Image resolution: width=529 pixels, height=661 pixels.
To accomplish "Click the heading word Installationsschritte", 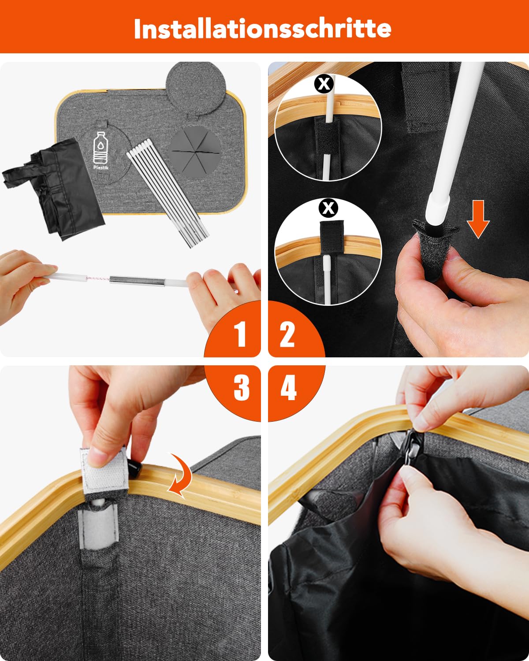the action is [262, 29].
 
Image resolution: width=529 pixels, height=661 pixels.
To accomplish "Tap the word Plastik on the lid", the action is [101, 167].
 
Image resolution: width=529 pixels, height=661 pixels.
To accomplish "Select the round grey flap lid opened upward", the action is [196, 89].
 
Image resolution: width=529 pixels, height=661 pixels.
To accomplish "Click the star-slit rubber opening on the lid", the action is [194, 151].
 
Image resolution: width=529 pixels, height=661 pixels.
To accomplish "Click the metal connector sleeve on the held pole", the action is [137, 280].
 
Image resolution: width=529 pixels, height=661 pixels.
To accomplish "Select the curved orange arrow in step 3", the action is [181, 475].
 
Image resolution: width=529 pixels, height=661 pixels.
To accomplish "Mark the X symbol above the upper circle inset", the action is [324, 84].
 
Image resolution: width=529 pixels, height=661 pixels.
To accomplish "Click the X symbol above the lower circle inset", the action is [328, 208].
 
